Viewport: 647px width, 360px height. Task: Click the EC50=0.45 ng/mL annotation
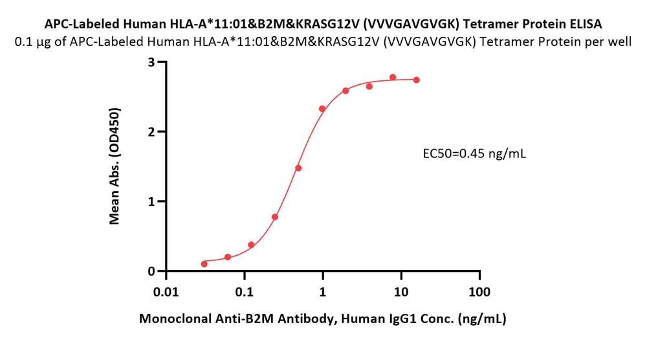point(474,154)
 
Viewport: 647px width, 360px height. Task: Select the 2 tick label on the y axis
point(151,131)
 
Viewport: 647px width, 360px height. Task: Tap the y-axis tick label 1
point(151,201)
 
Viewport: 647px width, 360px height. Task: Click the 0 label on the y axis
point(151,271)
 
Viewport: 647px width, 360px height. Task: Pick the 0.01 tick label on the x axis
point(166,292)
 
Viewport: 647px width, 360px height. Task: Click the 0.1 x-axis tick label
point(245,292)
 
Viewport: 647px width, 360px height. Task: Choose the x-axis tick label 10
point(401,292)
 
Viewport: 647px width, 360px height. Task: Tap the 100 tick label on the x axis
point(479,292)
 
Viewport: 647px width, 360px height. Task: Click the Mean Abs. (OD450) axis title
point(115,166)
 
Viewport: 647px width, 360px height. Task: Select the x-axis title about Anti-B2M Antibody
point(323,319)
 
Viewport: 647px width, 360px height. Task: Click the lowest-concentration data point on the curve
point(204,264)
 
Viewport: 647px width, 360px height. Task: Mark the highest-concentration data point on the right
point(416,80)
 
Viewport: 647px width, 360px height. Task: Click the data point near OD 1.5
point(298,168)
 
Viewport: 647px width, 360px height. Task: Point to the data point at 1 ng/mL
point(322,109)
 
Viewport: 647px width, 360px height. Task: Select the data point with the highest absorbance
point(393,77)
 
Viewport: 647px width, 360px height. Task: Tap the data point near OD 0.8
point(275,217)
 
